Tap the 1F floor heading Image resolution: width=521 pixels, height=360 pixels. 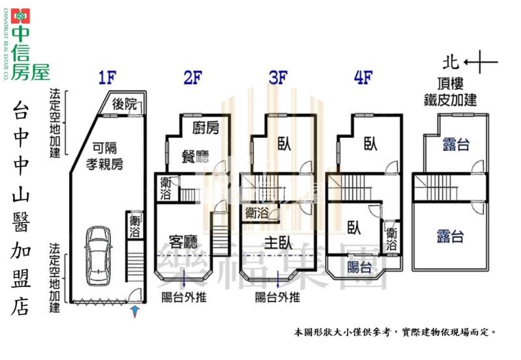click(x=107, y=79)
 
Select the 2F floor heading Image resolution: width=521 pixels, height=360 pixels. click(x=193, y=79)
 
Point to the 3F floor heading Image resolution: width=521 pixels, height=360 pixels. click(x=277, y=79)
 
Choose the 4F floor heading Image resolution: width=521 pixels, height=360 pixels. click(x=363, y=79)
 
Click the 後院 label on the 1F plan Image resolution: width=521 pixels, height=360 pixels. click(x=125, y=104)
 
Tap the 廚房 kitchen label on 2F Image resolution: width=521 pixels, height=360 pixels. click(x=206, y=128)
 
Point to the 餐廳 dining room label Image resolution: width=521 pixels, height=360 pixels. click(x=195, y=157)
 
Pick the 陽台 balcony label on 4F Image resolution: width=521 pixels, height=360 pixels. click(x=359, y=267)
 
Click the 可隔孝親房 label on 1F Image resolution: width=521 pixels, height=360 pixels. click(x=106, y=156)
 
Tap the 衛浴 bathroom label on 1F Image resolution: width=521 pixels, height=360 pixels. click(x=135, y=225)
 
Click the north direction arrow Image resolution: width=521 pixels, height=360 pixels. click(x=482, y=63)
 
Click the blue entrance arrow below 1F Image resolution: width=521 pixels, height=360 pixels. click(x=135, y=312)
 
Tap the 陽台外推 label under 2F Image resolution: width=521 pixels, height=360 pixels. click(x=184, y=298)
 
